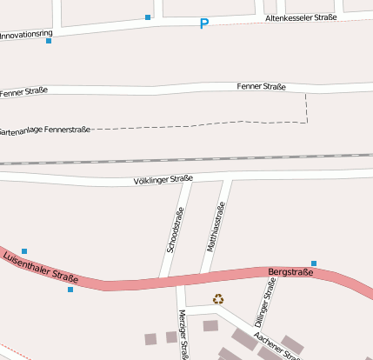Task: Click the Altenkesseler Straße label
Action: point(301,17)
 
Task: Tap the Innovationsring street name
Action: point(26,36)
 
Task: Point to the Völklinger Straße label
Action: point(163,180)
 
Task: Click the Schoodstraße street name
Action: point(175,230)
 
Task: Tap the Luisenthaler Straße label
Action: point(41,267)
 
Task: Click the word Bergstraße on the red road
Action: point(290,272)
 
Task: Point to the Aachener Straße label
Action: point(276,346)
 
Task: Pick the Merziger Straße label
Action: point(183,334)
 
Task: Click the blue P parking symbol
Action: point(204,24)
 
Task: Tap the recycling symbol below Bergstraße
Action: point(218,299)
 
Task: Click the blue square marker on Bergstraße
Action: point(314,263)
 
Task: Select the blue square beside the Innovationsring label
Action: point(49,41)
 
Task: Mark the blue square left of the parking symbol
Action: point(148,17)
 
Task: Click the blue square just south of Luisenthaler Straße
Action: point(70,290)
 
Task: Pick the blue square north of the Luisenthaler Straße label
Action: point(24,251)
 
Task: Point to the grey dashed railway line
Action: point(187,159)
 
